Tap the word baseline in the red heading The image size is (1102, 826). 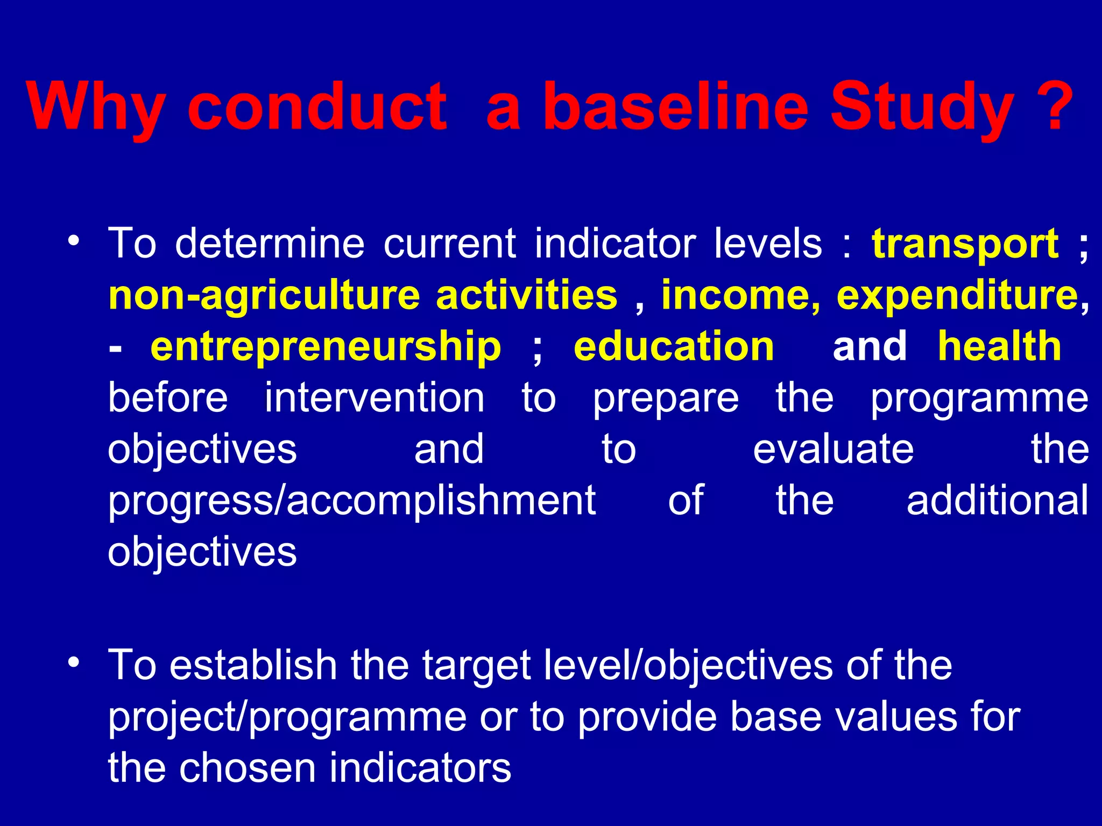coord(676,106)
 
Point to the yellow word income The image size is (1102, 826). coord(740,296)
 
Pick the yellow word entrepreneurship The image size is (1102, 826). coord(326,347)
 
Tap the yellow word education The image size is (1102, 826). coord(674,347)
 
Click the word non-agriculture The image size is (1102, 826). coord(264,296)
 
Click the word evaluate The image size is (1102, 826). coord(833,450)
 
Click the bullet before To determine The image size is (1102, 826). coord(74,240)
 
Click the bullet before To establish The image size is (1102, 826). coord(74,661)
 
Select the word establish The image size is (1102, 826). coord(253,665)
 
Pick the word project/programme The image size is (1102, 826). coord(287,717)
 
